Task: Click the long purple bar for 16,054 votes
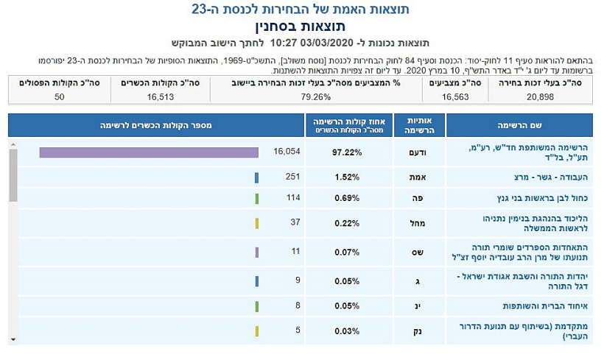(x=149, y=152)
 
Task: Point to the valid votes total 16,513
(x=161, y=96)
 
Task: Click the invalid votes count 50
(x=59, y=96)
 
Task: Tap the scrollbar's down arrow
(x=13, y=339)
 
